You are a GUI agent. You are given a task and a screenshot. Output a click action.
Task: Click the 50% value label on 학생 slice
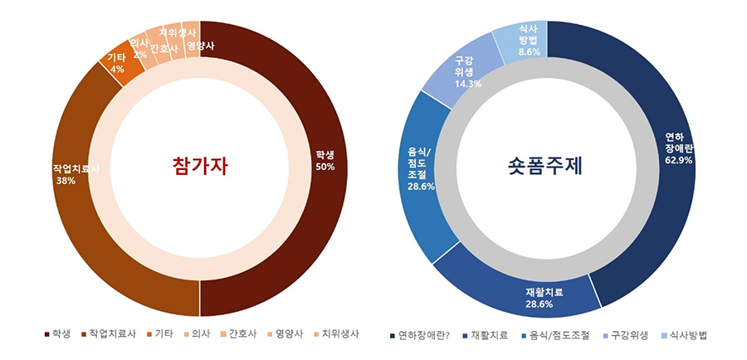pyautogui.click(x=325, y=167)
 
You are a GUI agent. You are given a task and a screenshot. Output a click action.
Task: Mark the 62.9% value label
pyautogui.click(x=678, y=160)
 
